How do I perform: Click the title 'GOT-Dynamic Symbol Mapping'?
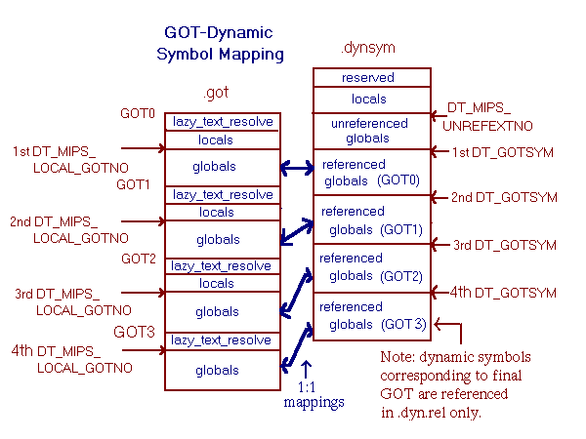tap(220, 45)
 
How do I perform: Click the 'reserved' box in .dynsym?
tap(371, 77)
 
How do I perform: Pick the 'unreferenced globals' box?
tap(371, 132)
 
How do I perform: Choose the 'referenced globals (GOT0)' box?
tap(371, 173)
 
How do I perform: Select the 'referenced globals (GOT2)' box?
tap(371, 267)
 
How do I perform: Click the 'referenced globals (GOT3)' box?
tap(371, 315)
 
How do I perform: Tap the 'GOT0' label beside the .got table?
tap(138, 114)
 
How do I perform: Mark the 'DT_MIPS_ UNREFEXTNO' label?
tap(486, 117)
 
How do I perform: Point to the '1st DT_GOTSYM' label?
tap(504, 151)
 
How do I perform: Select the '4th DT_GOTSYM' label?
tap(504, 293)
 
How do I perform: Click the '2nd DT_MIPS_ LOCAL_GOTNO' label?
tap(70, 229)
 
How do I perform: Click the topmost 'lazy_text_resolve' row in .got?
tap(223, 122)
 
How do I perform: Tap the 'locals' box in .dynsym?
tap(371, 100)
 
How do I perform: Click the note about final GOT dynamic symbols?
tap(458, 384)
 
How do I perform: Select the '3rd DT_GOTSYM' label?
tap(504, 244)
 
